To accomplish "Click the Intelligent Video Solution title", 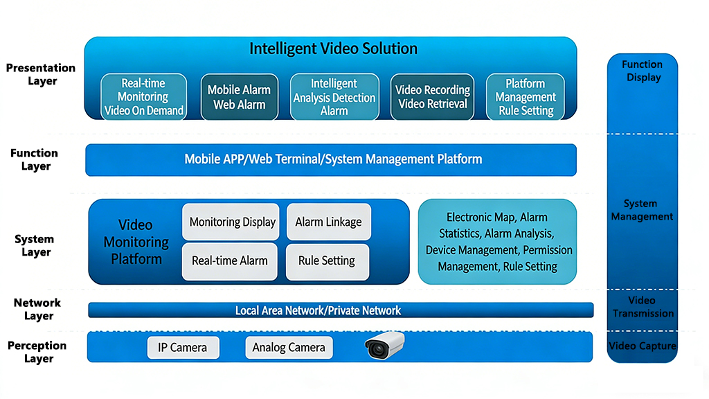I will pyautogui.click(x=333, y=49).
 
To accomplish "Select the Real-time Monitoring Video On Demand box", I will pyautogui.click(x=143, y=97).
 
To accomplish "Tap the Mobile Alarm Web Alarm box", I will pyautogui.click(x=239, y=97).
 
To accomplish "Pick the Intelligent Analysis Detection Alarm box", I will pyautogui.click(x=334, y=97).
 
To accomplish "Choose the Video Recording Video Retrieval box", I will pyautogui.click(x=433, y=97).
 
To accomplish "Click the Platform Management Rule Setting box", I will pyautogui.click(x=526, y=97).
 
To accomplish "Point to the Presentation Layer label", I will pyautogui.click(x=41, y=74).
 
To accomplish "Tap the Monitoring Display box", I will pyautogui.click(x=231, y=222).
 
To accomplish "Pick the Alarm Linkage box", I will pyautogui.click(x=328, y=222).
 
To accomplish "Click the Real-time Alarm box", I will pyautogui.click(x=230, y=261).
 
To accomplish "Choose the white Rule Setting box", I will pyautogui.click(x=327, y=261).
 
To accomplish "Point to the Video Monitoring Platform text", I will pyautogui.click(x=136, y=242).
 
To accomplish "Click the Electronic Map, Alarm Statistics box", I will pyautogui.click(x=497, y=242).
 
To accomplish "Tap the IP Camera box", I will pyautogui.click(x=183, y=347).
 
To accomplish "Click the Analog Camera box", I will pyautogui.click(x=289, y=347).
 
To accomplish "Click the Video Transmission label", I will pyautogui.click(x=642, y=307).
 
